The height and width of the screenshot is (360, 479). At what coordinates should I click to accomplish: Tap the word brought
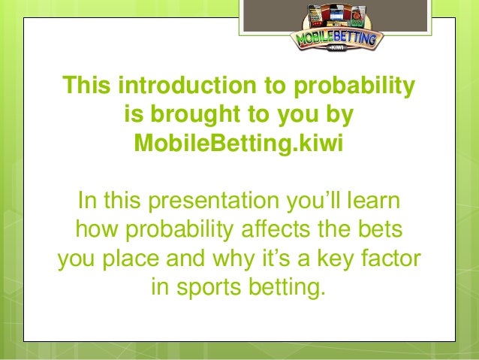[191, 115]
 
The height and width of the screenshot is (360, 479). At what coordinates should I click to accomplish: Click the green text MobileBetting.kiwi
[238, 142]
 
